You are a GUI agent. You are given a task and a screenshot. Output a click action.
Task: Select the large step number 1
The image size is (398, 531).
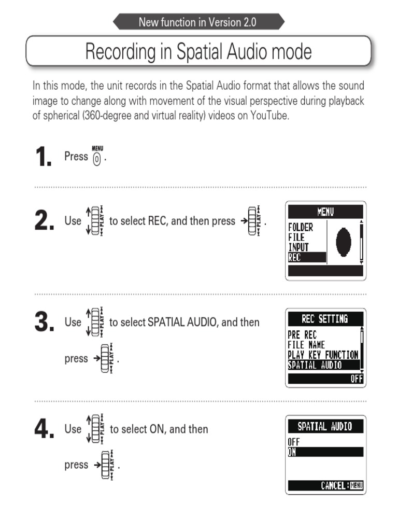pos(44,157)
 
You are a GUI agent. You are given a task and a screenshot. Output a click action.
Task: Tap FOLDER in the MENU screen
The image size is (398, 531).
pos(301,227)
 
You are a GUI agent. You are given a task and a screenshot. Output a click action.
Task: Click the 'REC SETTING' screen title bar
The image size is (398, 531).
pos(325,318)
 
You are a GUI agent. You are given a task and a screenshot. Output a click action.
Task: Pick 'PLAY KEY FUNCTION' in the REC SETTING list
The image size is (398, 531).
pos(323,355)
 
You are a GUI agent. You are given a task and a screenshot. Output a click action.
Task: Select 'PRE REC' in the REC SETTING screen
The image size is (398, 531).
pos(302,335)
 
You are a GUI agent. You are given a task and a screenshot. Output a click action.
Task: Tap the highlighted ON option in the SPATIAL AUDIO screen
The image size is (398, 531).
pos(293,452)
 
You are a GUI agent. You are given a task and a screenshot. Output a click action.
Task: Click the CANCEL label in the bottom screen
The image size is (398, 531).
pos(334,486)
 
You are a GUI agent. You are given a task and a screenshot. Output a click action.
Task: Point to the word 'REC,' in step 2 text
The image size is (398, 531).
pos(158,221)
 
